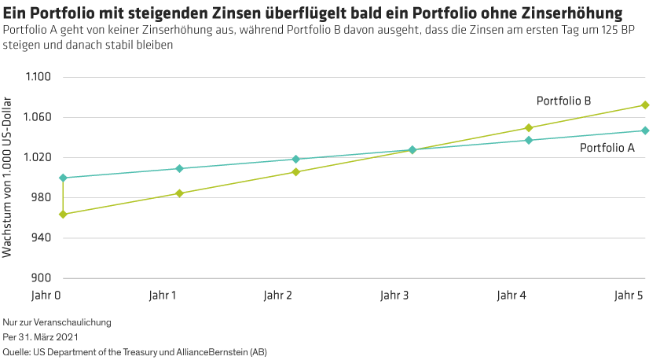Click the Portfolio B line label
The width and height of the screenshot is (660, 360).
coord(563,101)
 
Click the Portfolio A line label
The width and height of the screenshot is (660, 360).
coord(607,148)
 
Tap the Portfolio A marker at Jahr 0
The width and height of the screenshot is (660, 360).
coord(63,178)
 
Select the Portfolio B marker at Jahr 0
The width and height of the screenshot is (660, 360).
coord(63,214)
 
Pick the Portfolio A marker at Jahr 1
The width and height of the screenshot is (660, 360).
coord(179,169)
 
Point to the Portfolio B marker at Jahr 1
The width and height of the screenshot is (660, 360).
coord(179,193)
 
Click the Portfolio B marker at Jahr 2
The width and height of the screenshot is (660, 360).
coord(295,171)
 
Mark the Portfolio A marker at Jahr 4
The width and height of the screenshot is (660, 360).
coord(529,140)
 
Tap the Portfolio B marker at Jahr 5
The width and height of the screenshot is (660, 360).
coord(645,105)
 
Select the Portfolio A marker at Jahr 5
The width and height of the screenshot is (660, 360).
coord(645,130)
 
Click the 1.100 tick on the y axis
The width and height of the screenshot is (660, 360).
coord(38,78)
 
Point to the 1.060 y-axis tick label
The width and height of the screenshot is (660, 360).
coord(38,118)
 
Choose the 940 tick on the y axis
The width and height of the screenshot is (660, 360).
coord(41,238)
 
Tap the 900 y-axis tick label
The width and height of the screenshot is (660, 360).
coord(41,278)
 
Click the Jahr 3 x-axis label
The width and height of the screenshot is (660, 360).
coord(394,296)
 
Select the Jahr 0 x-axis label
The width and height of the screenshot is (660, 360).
coord(46,296)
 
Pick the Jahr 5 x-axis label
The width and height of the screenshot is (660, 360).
coord(629,296)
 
